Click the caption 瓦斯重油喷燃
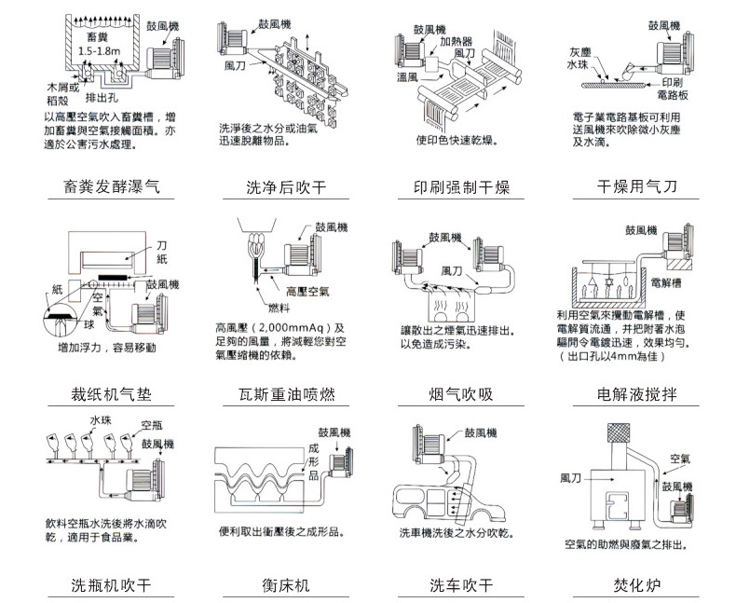[x=286, y=394]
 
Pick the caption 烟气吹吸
[x=461, y=394]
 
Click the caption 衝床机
[x=286, y=586]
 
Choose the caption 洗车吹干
[x=461, y=586]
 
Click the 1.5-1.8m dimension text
[x=100, y=50]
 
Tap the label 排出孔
[x=102, y=97]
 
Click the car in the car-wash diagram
[x=447, y=503]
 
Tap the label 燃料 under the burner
[x=279, y=308]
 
